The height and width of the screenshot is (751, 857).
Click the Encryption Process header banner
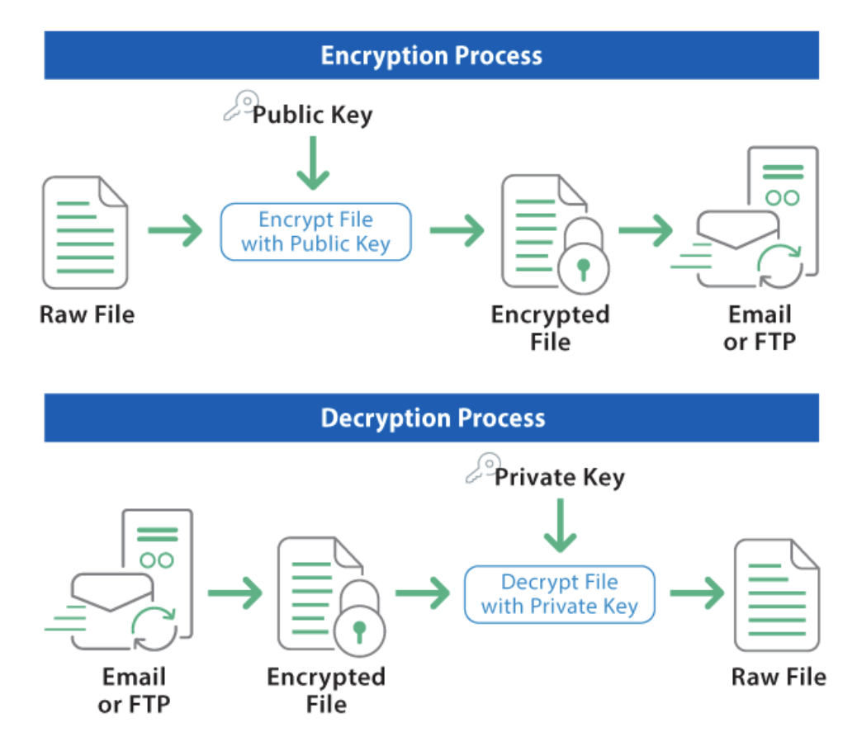pos(431,55)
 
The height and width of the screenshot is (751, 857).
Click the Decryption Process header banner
pos(431,418)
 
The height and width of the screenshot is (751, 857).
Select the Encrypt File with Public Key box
pos(315,232)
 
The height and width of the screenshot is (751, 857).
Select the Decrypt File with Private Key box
pos(559,593)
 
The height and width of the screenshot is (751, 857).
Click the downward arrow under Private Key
pos(560,526)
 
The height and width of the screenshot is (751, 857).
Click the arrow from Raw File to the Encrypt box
pos(174,230)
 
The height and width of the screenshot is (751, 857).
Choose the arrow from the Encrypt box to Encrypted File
pos(457,230)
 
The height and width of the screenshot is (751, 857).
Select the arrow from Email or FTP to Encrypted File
pos(234,593)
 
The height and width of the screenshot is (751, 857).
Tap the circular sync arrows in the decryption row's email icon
pos(154,628)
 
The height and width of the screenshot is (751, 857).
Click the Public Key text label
pos(312,115)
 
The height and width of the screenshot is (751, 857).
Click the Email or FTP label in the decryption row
pos(134,691)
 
